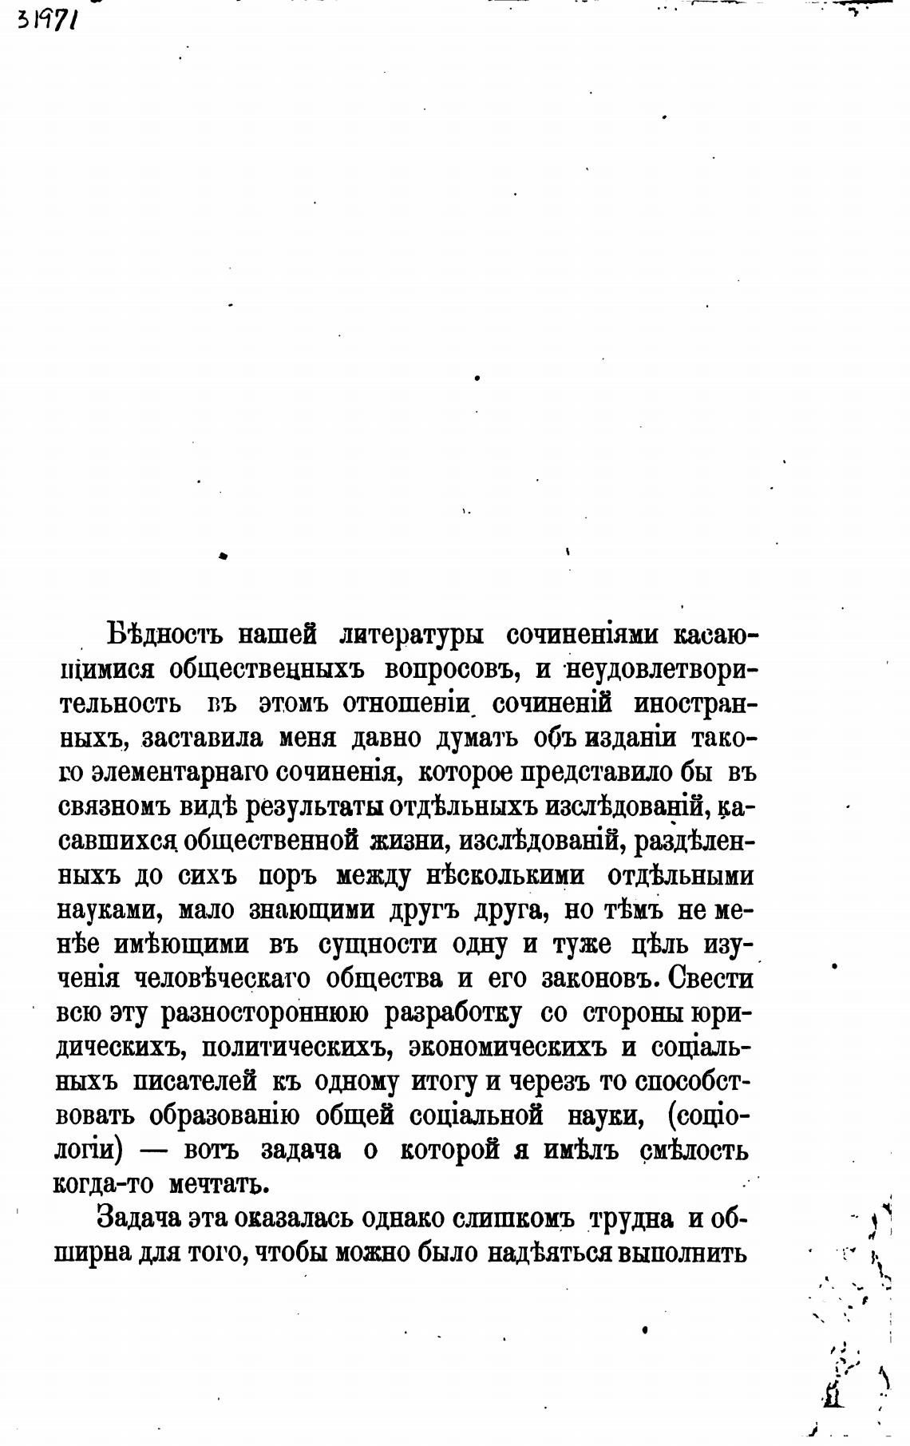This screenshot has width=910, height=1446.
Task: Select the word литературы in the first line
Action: click(x=410, y=636)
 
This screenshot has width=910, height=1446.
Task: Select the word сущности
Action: click(x=378, y=945)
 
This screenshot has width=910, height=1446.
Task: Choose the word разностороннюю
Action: click(x=264, y=1013)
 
